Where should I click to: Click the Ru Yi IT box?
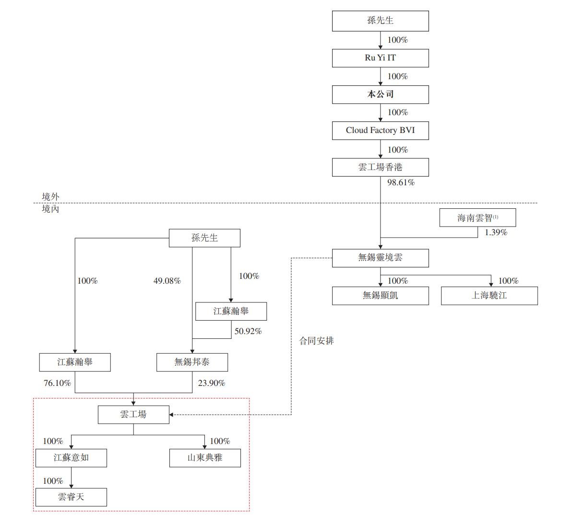380,58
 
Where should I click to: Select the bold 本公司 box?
380,95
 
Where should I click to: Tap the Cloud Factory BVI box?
380,131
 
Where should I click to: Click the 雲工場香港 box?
380,168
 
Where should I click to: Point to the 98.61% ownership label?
401,183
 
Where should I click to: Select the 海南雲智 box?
478,218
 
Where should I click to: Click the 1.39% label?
496,233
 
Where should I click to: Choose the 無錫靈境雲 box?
380,258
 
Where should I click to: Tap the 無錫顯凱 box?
380,296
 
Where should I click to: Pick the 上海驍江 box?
489,296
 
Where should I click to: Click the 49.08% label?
167,281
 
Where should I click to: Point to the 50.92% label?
248,332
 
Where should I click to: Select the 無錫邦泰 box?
192,362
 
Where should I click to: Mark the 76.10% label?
57,384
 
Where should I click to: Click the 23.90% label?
212,384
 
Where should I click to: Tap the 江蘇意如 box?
71,458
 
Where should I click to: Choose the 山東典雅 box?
205,458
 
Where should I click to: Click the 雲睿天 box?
71,497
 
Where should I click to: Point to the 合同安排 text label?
316,341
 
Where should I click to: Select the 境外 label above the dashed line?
50,197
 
